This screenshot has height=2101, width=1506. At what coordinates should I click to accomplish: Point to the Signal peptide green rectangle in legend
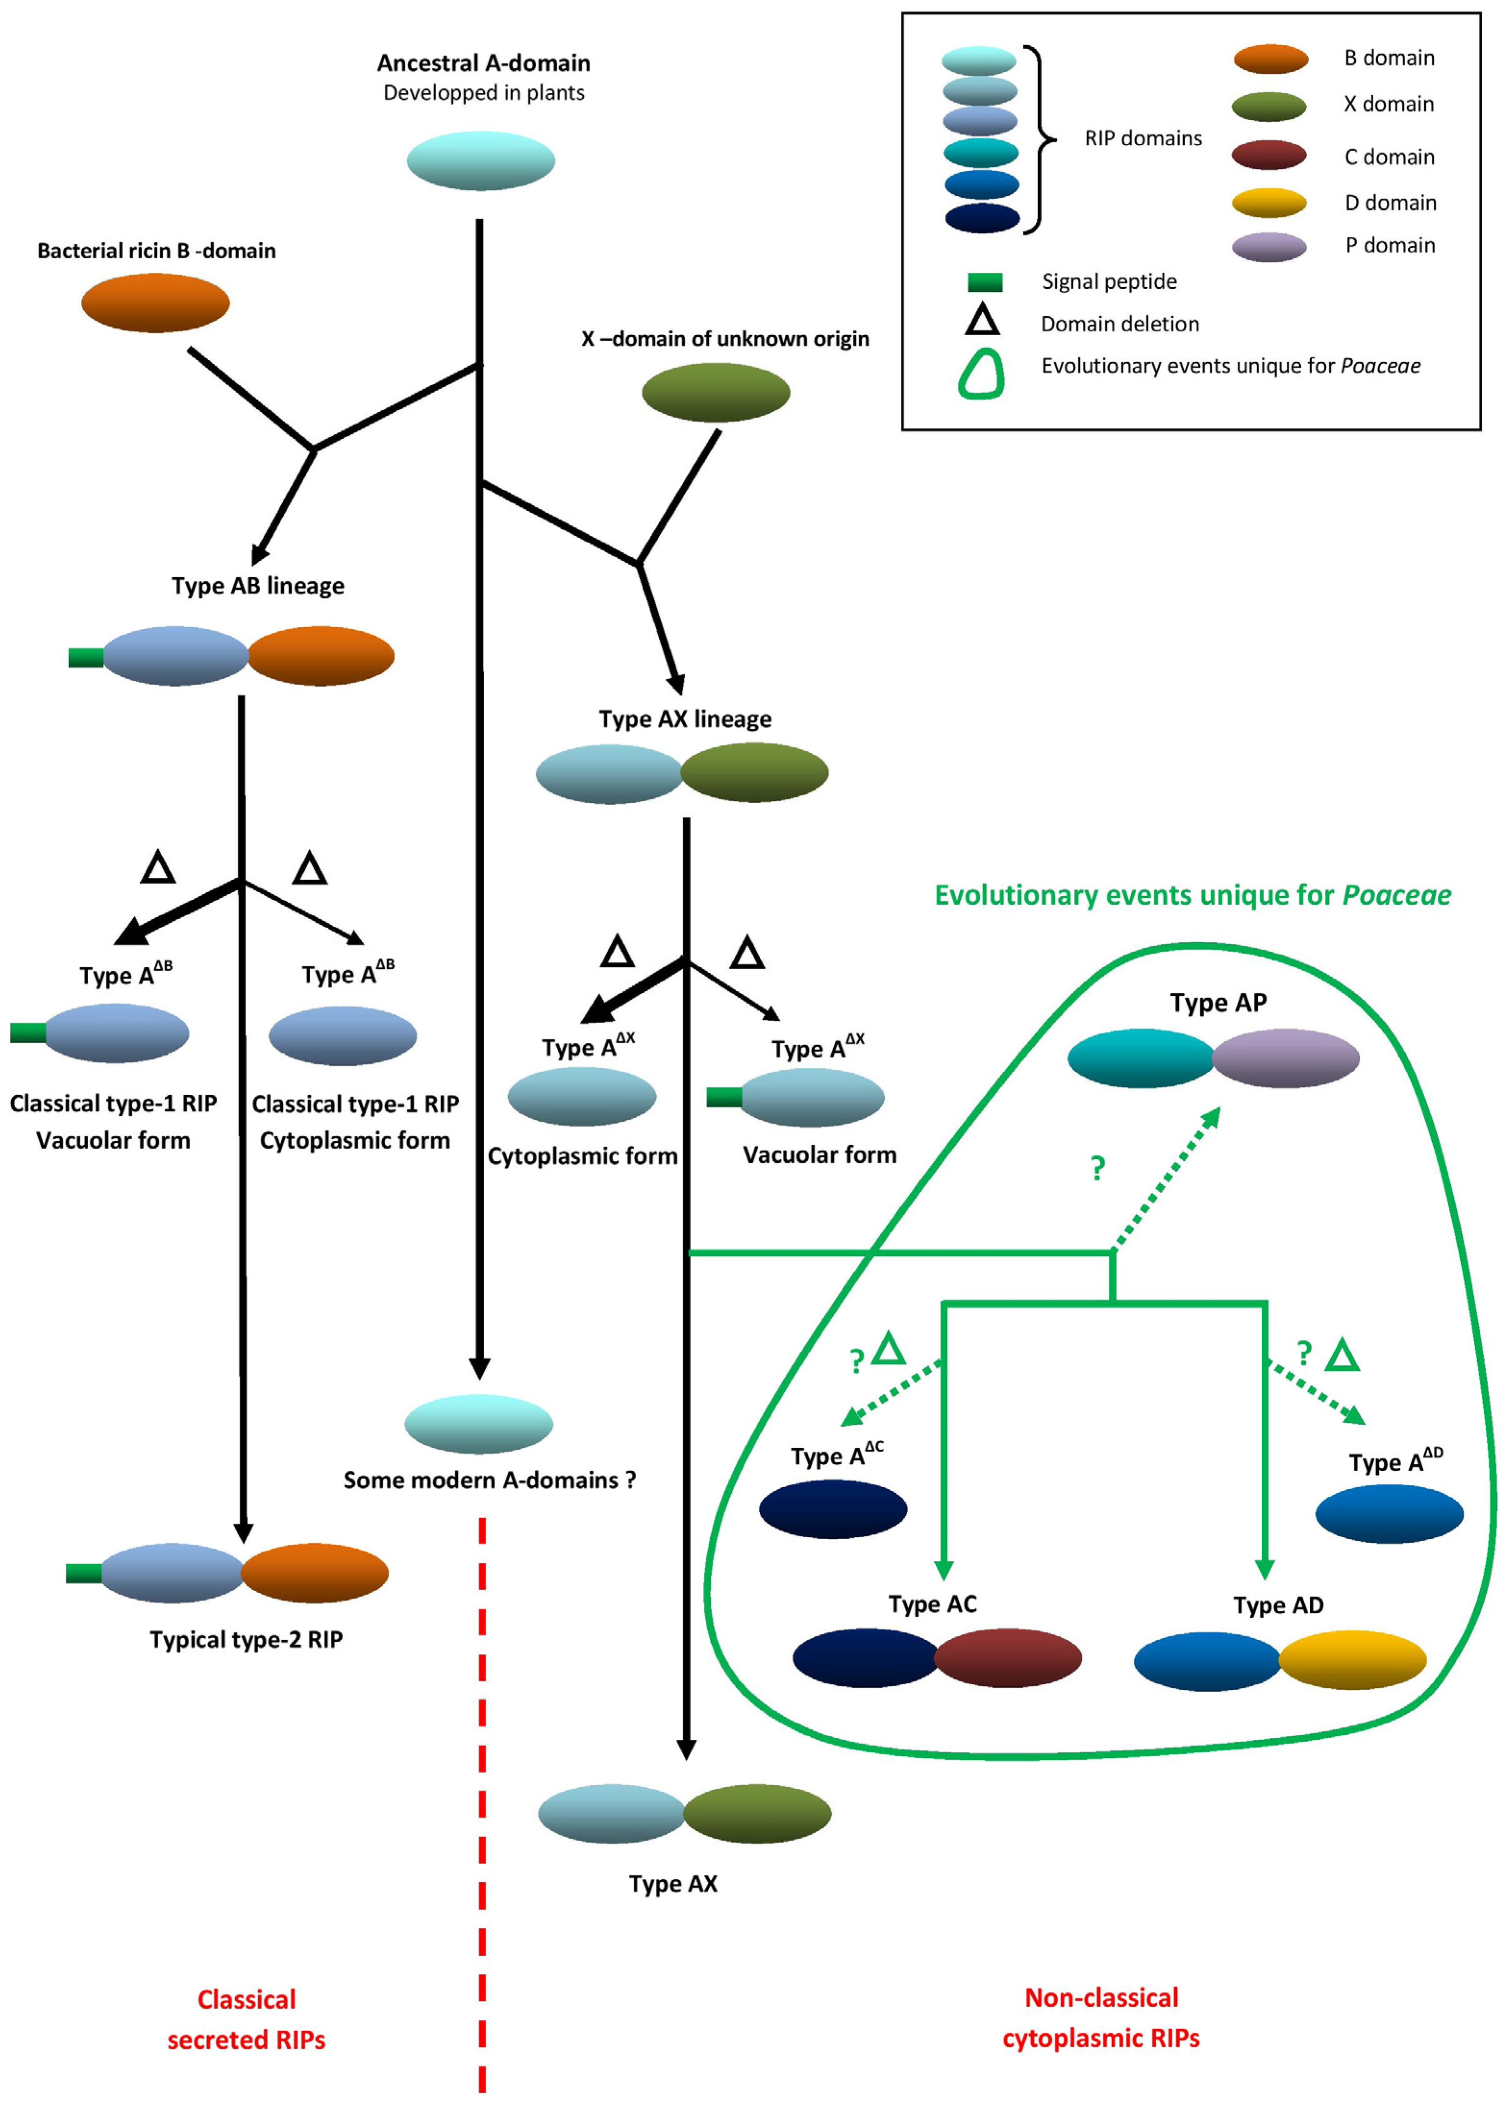tap(985, 281)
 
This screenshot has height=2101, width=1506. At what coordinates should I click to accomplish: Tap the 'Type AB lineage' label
tap(257, 585)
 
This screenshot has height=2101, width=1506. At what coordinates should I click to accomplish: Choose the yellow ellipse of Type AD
tap(1351, 1659)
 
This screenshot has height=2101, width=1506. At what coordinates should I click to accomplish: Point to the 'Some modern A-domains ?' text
tap(489, 1480)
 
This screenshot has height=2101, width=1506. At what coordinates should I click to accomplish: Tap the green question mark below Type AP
tap(1098, 1167)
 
